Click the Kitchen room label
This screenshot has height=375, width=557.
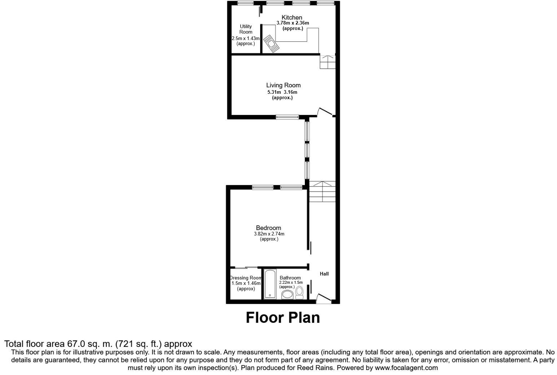(x=292, y=17)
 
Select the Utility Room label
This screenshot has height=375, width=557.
(x=246, y=29)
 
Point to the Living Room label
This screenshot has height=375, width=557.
(x=283, y=85)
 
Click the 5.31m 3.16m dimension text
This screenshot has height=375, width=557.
(x=282, y=92)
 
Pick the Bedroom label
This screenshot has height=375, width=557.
(x=268, y=228)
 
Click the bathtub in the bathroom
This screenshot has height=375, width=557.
(x=269, y=284)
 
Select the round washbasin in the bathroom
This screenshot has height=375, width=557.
(x=288, y=295)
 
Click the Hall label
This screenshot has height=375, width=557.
(x=324, y=274)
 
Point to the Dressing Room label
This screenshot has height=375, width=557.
(x=246, y=278)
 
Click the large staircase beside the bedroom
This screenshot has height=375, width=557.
(x=323, y=191)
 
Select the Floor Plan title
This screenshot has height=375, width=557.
(x=283, y=318)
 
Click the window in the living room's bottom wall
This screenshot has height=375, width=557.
(x=288, y=116)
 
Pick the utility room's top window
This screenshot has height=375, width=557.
(x=245, y=3)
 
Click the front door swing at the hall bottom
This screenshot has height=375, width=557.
(x=323, y=298)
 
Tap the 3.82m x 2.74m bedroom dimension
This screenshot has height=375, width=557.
(x=269, y=234)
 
